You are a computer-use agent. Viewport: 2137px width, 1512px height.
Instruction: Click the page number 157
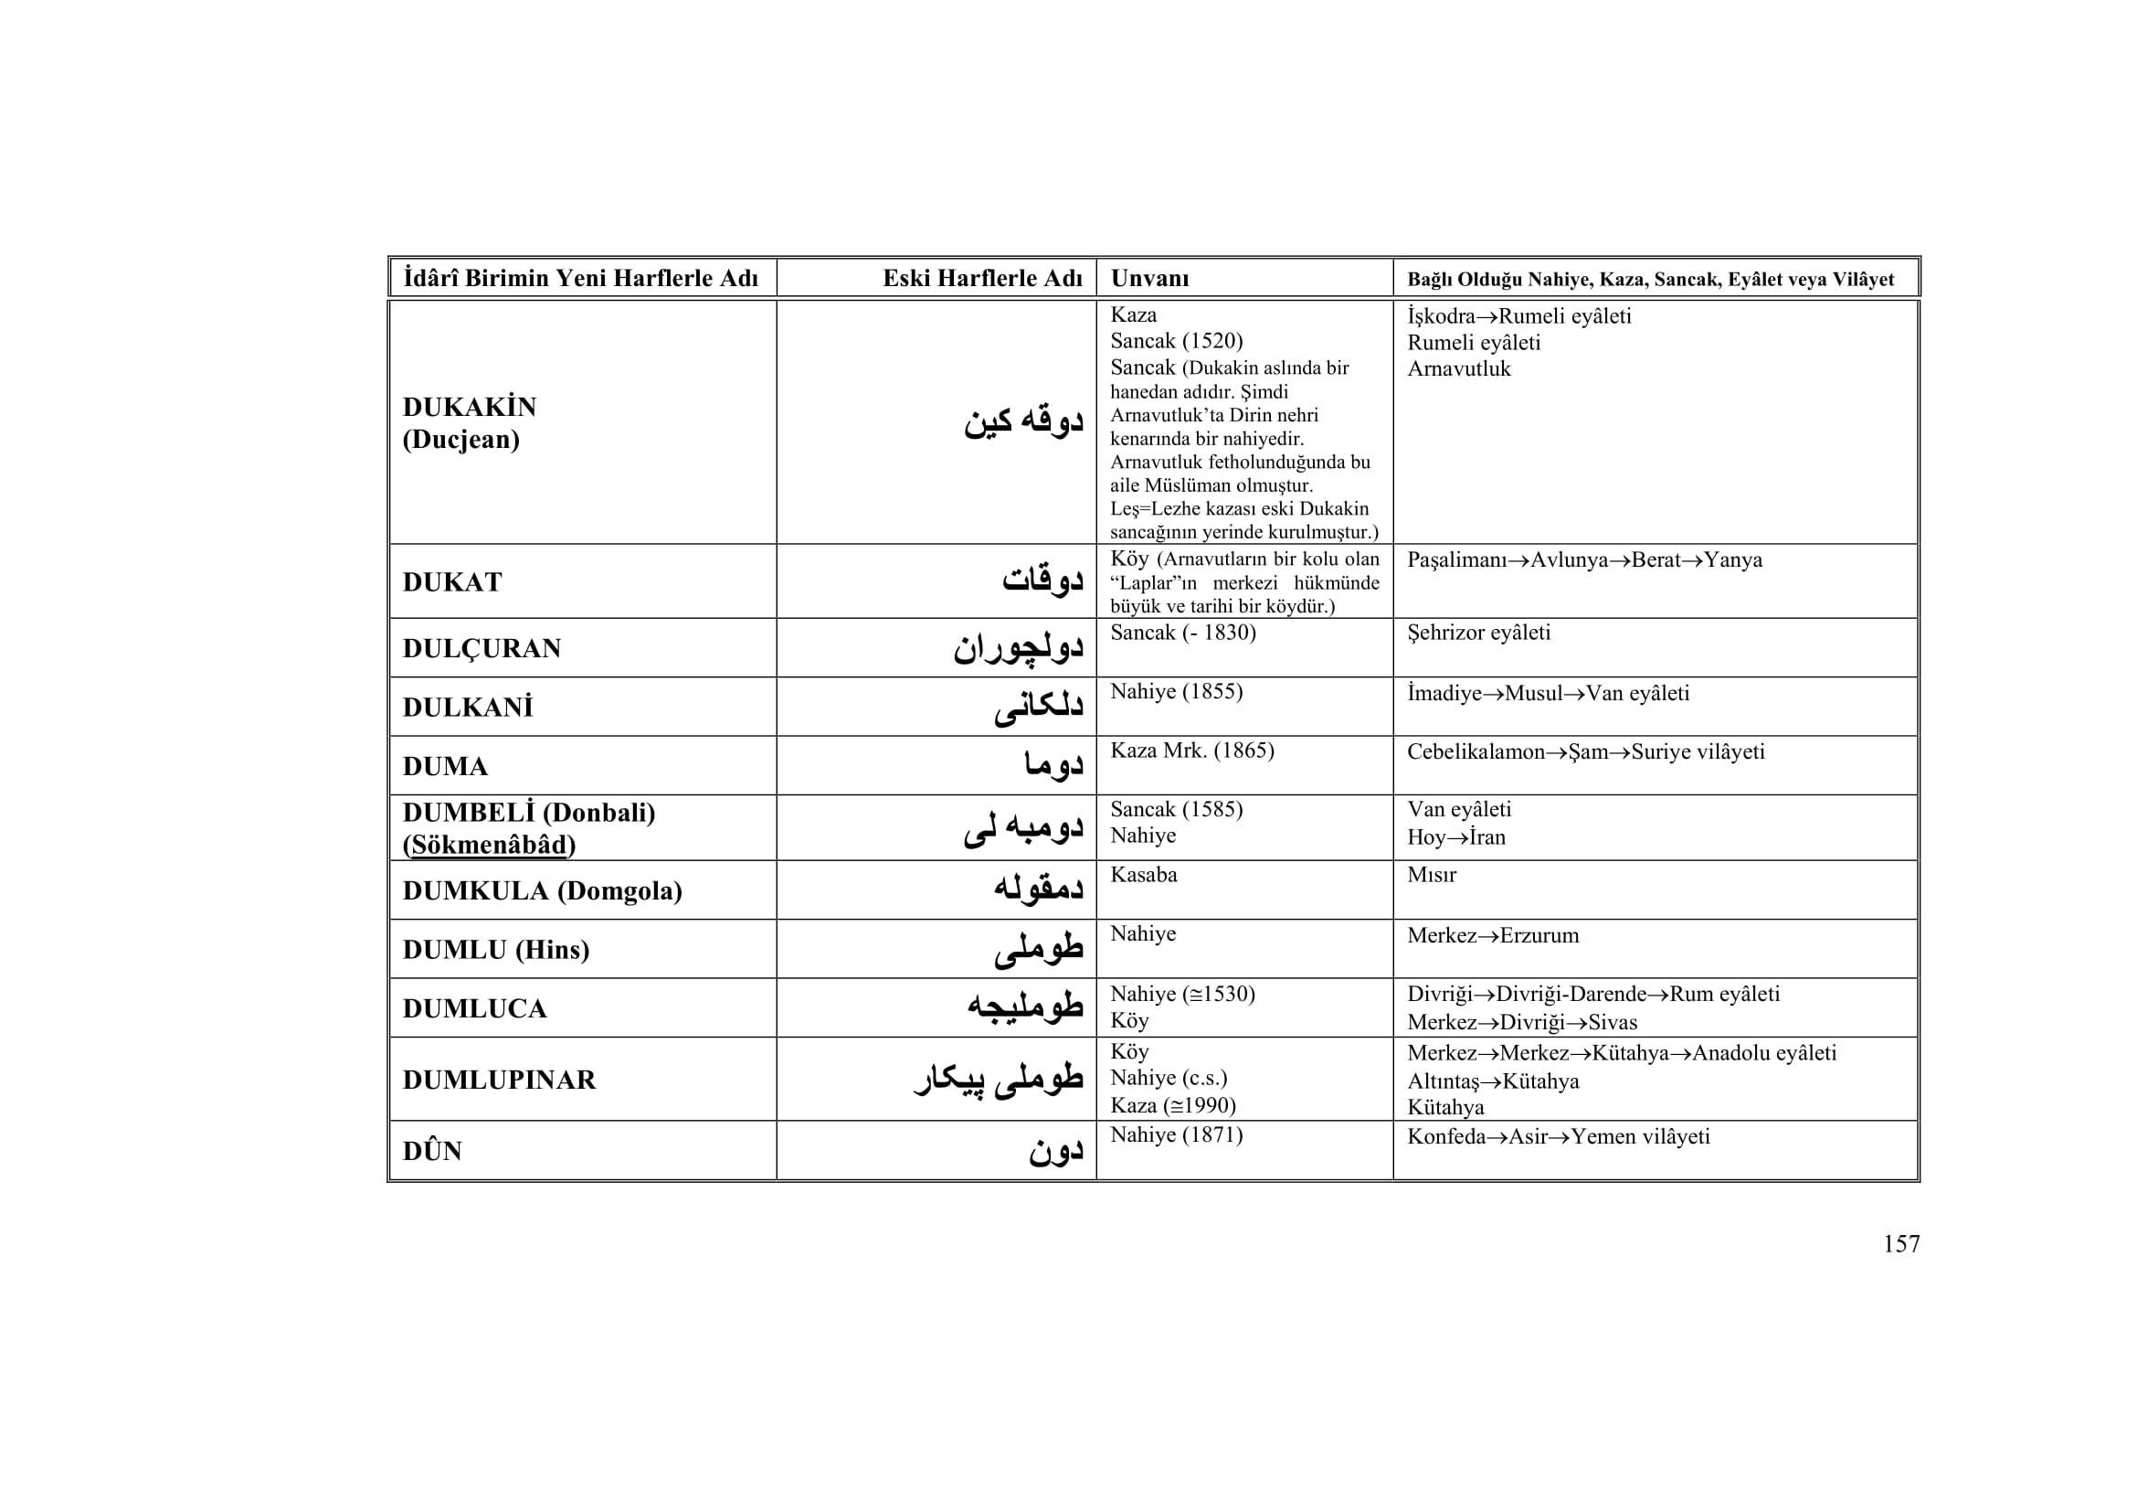tap(1900, 1244)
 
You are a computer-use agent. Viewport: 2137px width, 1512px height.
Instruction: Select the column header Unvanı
tap(1149, 279)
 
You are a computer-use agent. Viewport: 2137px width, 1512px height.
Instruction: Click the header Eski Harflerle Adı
tap(982, 279)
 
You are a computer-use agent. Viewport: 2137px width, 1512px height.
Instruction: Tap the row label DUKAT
tap(452, 583)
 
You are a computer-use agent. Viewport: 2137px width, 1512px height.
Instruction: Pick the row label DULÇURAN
tap(482, 649)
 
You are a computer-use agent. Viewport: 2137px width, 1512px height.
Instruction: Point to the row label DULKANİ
tap(468, 708)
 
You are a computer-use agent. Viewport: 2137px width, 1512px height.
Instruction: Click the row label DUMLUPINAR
tap(499, 1080)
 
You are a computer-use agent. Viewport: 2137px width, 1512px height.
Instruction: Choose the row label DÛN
tap(433, 1152)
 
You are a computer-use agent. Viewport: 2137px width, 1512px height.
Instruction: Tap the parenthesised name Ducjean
tap(460, 440)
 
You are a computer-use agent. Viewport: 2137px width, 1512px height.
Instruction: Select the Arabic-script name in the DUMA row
tap(1053, 766)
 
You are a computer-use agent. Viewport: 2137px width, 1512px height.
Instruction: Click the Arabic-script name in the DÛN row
tap(1055, 1152)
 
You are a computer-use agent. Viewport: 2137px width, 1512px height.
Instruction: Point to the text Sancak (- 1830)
tap(1182, 634)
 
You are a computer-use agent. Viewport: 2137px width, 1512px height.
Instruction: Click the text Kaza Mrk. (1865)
tap(1191, 751)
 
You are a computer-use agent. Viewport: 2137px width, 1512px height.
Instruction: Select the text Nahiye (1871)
tap(1176, 1135)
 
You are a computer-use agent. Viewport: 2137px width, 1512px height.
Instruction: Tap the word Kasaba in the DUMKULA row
tap(1143, 875)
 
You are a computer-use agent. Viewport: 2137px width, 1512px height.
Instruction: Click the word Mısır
tap(1431, 875)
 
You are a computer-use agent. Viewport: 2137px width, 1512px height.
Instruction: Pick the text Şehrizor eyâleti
tap(1478, 634)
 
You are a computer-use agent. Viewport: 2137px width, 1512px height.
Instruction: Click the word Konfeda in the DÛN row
tap(1446, 1137)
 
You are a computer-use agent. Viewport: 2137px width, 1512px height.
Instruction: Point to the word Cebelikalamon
tap(1476, 752)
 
